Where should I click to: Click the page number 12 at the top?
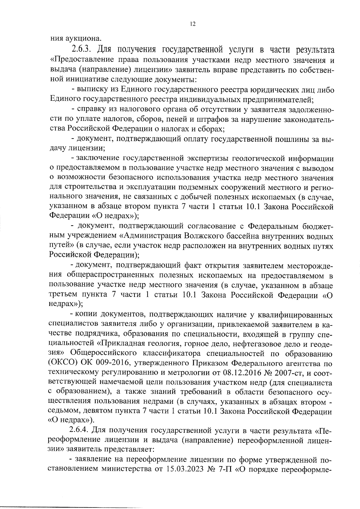point(193,24)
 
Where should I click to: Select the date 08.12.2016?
point(241,373)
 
